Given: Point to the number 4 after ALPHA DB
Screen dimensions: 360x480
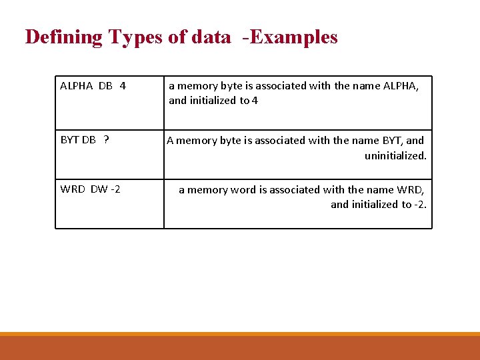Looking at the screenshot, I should (x=123, y=86).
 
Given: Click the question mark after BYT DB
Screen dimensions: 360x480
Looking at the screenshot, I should (x=107, y=140).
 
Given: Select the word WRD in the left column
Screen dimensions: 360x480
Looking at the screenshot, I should (x=73, y=189).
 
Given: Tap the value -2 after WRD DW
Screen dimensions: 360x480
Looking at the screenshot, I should (x=115, y=189).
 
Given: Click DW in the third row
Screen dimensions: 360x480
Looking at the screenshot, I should (x=99, y=189).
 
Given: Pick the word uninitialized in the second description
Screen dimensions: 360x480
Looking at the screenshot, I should (x=395, y=155).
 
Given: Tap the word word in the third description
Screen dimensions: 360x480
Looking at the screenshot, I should (x=243, y=190).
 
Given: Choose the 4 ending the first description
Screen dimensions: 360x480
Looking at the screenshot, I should (x=255, y=101).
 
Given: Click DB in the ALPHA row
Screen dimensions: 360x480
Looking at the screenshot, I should (x=105, y=86).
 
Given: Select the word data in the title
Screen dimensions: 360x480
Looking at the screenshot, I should (x=211, y=37).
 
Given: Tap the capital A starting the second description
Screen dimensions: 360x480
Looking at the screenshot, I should (x=171, y=141).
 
